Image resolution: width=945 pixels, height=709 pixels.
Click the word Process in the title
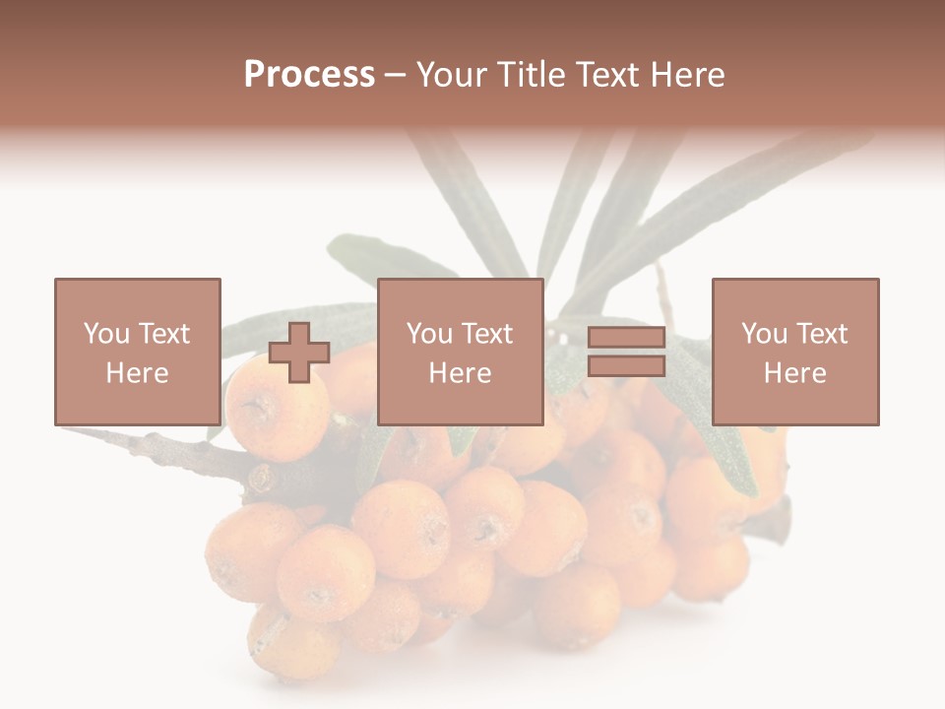point(309,75)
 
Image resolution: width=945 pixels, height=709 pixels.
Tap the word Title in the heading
point(529,75)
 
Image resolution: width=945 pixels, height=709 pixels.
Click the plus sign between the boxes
point(299,353)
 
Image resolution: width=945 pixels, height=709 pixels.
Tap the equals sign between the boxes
point(626,353)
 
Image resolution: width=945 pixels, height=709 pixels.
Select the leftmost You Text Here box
point(137,353)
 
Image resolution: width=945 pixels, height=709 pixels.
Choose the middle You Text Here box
point(460,353)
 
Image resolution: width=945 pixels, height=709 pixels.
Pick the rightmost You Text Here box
point(794,353)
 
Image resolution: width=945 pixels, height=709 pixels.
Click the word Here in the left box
point(137,373)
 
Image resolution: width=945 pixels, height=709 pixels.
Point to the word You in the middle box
point(429,334)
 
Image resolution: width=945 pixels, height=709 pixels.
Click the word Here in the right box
point(794,373)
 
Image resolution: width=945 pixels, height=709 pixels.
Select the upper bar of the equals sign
point(626,339)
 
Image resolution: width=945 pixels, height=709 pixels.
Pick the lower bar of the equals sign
point(626,366)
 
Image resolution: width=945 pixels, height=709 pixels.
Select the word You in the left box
point(105,334)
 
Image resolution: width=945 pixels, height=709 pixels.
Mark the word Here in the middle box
point(460,373)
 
